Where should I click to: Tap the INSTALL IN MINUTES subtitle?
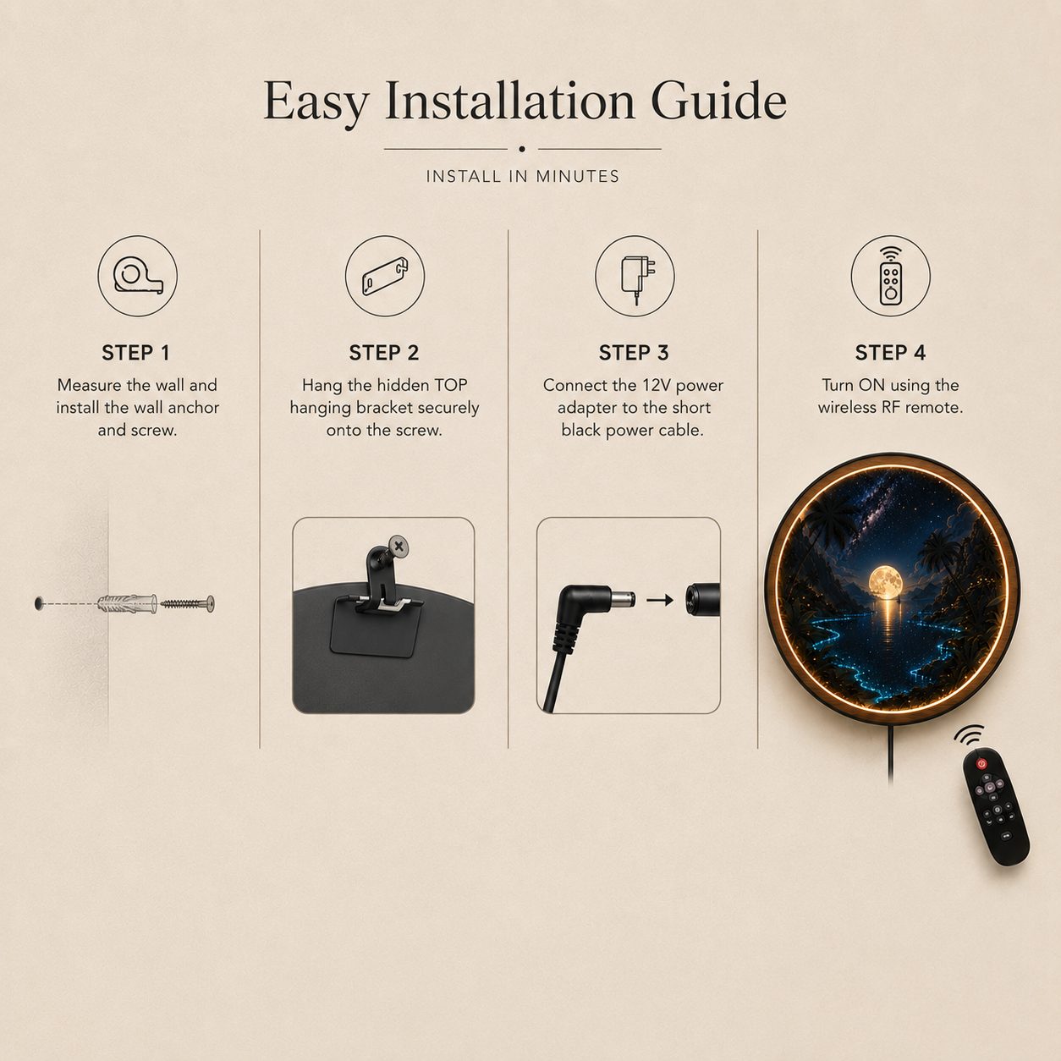[x=523, y=176]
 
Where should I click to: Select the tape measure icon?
[x=138, y=276]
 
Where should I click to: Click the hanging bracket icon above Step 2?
[x=385, y=276]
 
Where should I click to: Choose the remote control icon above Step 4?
[x=890, y=276]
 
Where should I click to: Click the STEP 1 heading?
[x=136, y=353]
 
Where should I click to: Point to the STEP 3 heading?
[x=634, y=353]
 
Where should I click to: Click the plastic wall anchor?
[x=128, y=603]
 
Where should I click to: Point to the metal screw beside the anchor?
[x=187, y=604]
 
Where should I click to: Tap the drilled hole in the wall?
[x=39, y=603]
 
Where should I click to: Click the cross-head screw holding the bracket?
[x=399, y=547]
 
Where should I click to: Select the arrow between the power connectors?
[x=659, y=600]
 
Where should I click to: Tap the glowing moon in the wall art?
[x=885, y=582]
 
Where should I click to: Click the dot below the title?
[x=522, y=149]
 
